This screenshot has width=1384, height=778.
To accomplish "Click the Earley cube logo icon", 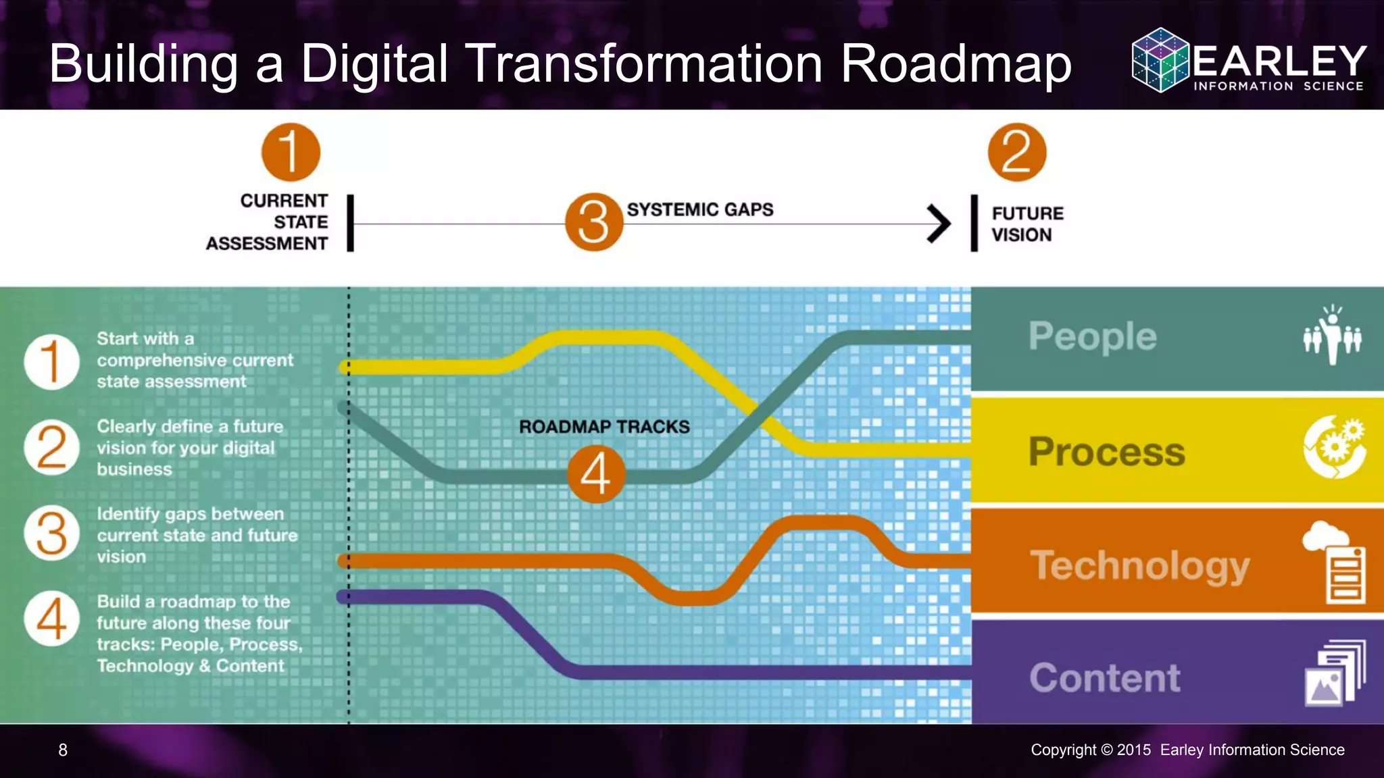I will point(1160,60).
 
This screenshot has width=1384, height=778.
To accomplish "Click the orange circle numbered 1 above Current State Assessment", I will point(291,152).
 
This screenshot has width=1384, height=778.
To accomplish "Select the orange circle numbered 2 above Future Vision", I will point(1016,152).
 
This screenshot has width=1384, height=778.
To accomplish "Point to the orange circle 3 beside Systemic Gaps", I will point(594,222).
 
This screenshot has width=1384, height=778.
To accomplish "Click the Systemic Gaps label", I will point(700,210).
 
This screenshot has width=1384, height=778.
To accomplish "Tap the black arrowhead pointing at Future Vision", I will point(939,224).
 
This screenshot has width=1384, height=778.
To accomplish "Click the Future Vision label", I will point(1027,224).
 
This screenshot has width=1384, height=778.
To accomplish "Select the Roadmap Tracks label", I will point(604,427).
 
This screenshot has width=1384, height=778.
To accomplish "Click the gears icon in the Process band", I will point(1335,447).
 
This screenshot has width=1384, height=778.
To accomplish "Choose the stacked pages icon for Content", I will point(1335,673).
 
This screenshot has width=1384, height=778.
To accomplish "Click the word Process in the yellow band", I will point(1106,451).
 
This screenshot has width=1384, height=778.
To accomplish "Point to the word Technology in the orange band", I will point(1139,565).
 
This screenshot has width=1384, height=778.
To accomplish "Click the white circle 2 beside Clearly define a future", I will point(52,447).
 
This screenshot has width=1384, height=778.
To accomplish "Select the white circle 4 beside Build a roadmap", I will point(52,619).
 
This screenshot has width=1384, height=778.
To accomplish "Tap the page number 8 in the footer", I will point(63,750).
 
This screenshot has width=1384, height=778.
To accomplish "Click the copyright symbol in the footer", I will point(1106,750).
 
